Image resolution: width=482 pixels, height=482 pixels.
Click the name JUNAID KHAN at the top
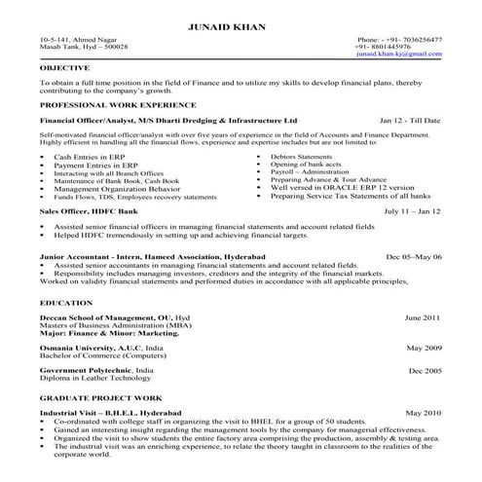click(x=240, y=22)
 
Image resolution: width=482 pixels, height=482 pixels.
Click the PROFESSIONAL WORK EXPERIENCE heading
click(x=110, y=103)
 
